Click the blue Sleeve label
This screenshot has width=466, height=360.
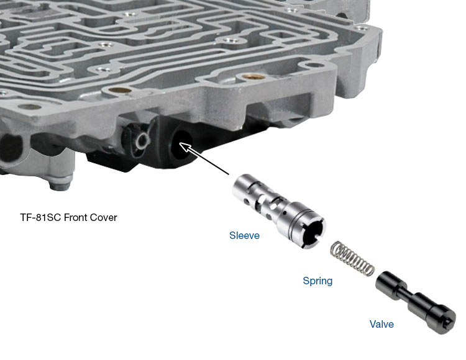point(244,235)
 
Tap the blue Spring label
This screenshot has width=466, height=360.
point(318,281)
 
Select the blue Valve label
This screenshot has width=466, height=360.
point(381,324)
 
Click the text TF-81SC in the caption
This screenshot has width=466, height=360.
point(41,217)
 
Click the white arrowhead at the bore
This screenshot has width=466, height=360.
point(186,148)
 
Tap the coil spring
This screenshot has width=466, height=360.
point(352,258)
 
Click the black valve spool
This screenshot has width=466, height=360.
point(416,303)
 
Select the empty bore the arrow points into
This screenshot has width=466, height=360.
point(182,146)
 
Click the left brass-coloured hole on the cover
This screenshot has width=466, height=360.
point(120,89)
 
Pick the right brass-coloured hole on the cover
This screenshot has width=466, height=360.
point(254,77)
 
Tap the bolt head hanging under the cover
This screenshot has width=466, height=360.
point(62,182)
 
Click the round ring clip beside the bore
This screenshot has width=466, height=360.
point(142,140)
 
